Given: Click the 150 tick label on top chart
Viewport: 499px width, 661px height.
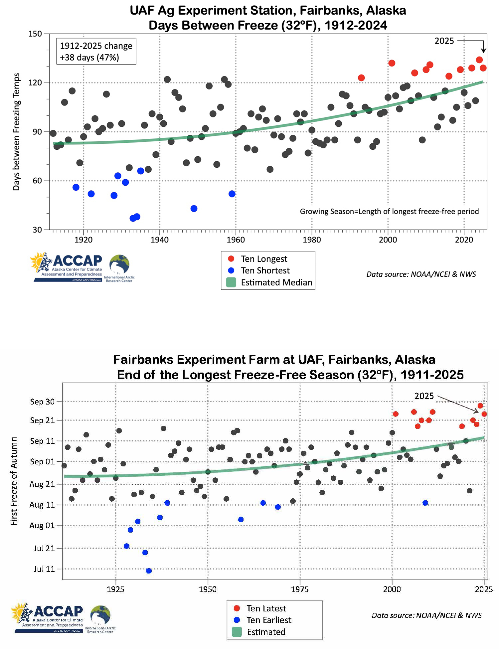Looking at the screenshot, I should pyautogui.click(x=35, y=34).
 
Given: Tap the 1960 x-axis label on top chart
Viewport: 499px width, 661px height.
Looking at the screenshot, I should pyautogui.click(x=236, y=240).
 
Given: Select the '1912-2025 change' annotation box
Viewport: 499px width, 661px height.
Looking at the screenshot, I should pyautogui.click(x=96, y=52).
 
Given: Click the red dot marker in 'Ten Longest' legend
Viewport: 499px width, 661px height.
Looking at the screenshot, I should pyautogui.click(x=231, y=259).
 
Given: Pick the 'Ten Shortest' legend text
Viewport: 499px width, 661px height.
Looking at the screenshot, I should pyautogui.click(x=265, y=270).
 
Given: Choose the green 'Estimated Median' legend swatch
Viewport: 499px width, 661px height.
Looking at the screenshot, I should pyautogui.click(x=231, y=282).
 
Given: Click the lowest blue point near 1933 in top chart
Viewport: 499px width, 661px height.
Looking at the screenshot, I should pyautogui.click(x=133, y=218).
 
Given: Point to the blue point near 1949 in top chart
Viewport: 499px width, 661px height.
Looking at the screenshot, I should pyautogui.click(x=194, y=209).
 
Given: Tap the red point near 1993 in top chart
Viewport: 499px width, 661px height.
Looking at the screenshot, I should pyautogui.click(x=361, y=78).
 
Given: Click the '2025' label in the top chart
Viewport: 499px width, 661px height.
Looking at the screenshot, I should pyautogui.click(x=444, y=41).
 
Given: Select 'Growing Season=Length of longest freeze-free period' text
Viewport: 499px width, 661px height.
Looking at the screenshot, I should pyautogui.click(x=389, y=212).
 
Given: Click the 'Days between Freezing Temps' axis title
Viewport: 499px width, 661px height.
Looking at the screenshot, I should pyautogui.click(x=16, y=132).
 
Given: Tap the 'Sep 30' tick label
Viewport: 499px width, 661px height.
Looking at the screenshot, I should pyautogui.click(x=42, y=402).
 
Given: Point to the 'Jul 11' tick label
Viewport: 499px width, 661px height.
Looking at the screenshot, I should pyautogui.click(x=44, y=569).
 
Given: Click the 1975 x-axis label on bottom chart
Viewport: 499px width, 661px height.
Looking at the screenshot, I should pyautogui.click(x=300, y=589).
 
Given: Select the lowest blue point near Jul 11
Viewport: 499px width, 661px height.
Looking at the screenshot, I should pyautogui.click(x=149, y=571).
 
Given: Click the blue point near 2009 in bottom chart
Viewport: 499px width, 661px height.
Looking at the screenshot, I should pyautogui.click(x=425, y=503).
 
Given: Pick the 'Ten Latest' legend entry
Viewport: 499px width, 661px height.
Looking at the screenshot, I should pyautogui.click(x=266, y=608).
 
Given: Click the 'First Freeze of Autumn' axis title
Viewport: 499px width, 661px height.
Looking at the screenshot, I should pyautogui.click(x=14, y=481).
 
